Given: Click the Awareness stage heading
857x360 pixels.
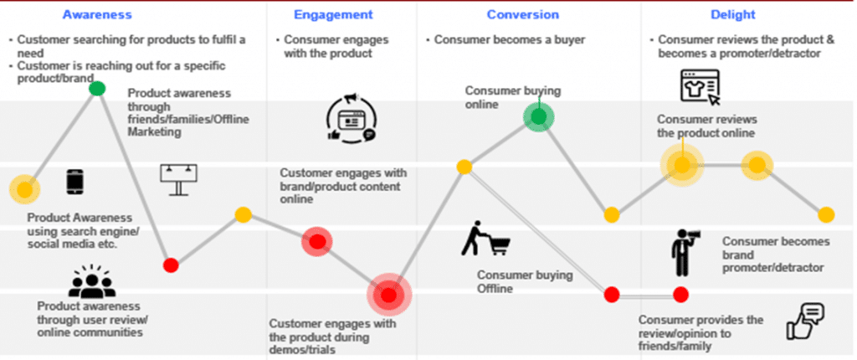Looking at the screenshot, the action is pos(97,15).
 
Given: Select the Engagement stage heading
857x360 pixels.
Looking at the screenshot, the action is pos(333,15).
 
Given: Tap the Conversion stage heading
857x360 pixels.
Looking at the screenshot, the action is pos(523,15).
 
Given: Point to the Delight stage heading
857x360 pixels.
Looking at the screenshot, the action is pos(733,15).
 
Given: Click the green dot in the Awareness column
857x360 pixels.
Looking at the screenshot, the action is pos(97,88).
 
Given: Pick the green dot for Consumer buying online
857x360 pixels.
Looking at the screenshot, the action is pos(539,116).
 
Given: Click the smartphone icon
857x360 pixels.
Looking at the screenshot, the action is pos(74,182).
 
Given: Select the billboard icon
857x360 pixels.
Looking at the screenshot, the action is pos(179,179).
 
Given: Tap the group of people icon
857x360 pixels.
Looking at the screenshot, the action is pos(92,281).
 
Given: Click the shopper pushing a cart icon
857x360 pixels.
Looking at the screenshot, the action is pos(485,239).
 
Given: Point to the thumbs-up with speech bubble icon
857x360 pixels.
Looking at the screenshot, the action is pos(805,321).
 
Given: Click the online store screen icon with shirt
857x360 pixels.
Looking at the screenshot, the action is pos(700,87).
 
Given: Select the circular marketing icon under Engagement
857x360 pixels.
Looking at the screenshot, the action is pos(352,119).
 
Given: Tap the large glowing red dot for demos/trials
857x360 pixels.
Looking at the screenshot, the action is pos(388,295).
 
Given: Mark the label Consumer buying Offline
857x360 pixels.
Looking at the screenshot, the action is pos(525,282).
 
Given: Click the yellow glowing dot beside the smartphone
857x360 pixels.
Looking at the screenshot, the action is pos(24,189).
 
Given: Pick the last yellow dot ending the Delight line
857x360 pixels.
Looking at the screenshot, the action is pos(826,215).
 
